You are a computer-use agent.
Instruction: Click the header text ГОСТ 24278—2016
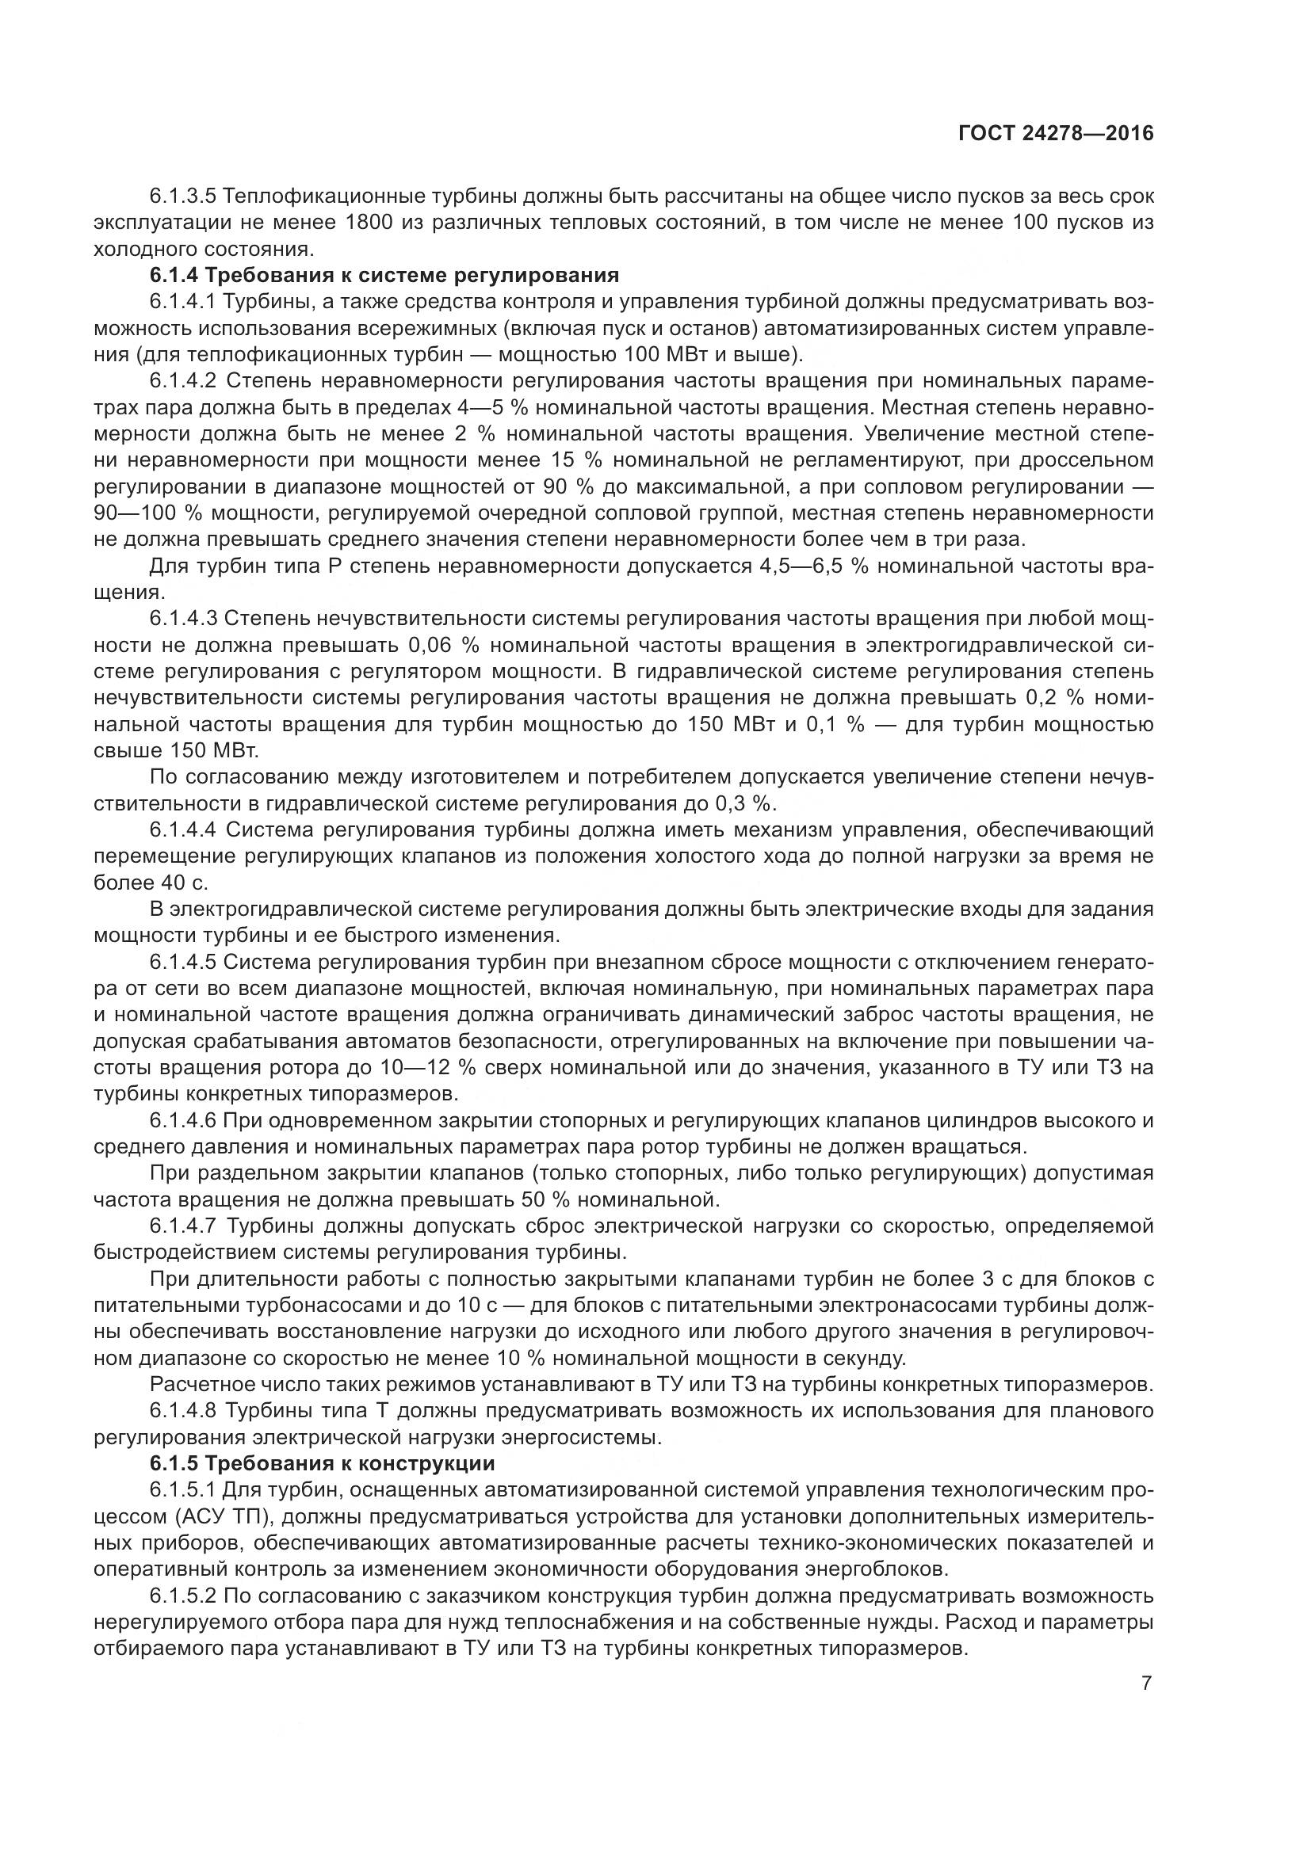coord(1055,134)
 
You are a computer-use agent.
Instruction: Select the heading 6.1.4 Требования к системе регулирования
coord(384,275)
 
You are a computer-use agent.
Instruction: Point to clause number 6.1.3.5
coord(183,196)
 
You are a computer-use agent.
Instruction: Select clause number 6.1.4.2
coord(183,381)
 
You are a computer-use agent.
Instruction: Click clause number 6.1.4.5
coord(183,963)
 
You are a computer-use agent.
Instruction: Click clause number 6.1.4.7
coord(183,1226)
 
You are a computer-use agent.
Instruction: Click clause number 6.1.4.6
coord(183,1120)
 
